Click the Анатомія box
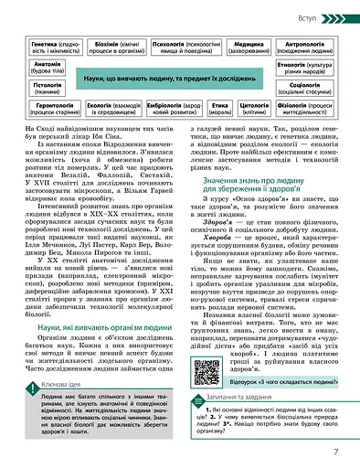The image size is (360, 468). coord(48,69)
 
